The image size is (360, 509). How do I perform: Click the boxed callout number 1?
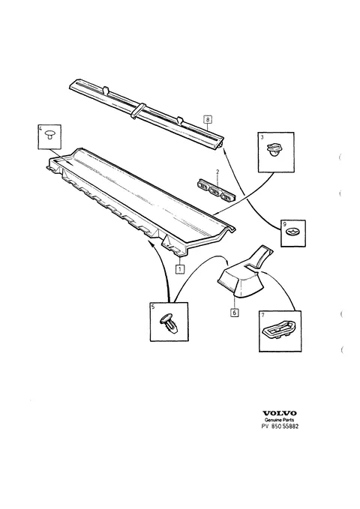180,269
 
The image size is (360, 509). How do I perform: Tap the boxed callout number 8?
208,119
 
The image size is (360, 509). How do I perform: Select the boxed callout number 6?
234,313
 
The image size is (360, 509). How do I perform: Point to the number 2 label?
217,172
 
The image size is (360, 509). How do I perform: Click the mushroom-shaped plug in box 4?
50,134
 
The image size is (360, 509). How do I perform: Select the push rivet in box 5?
169,322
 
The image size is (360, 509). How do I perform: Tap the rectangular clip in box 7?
278,331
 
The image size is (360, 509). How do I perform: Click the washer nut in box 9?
292,232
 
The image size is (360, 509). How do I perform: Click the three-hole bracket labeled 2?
216,190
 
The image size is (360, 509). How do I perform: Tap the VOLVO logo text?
280,413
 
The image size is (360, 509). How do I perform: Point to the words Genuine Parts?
280,420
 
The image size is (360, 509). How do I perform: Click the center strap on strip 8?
139,111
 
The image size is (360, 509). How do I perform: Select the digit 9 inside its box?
284,224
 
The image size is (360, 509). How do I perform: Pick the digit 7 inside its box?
262,315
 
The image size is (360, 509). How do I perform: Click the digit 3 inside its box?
262,137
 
